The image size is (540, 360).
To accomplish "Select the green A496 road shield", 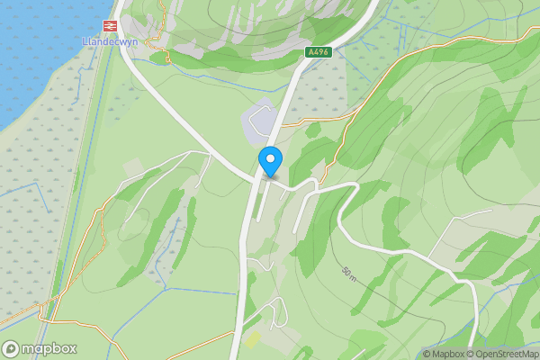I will click(319, 52).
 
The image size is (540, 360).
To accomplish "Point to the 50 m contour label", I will click(349, 274).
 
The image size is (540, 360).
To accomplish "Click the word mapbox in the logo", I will click(50, 348).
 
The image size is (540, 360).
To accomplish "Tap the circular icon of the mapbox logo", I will click(12, 348).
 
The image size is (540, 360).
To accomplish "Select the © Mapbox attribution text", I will click(445, 354).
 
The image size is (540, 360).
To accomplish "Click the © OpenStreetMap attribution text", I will click(503, 354).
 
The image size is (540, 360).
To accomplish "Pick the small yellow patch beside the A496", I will click(253, 339).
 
